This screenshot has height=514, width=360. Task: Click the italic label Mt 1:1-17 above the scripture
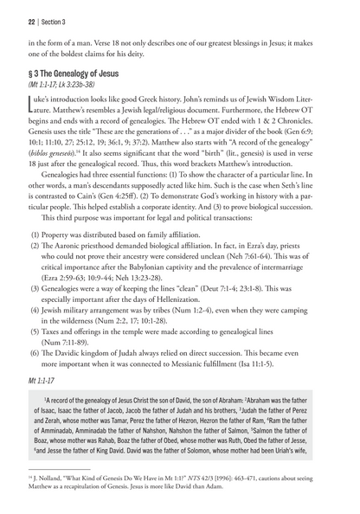34,423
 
